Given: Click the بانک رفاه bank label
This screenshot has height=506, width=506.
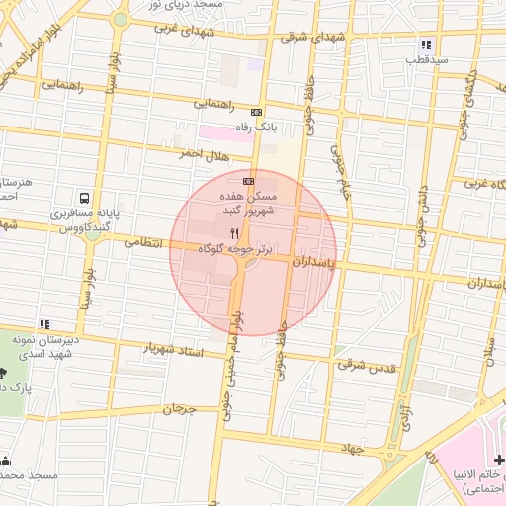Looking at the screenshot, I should click(x=254, y=127).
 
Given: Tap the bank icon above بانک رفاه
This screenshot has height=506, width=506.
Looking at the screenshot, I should click(x=256, y=112).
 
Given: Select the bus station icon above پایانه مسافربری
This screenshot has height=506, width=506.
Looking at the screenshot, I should click(x=85, y=197).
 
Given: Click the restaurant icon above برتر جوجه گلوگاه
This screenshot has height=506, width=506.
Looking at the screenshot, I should click(x=234, y=233).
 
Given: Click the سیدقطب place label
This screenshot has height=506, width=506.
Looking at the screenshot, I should click(x=427, y=60).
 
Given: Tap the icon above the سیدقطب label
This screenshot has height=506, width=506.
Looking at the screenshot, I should click(x=426, y=44).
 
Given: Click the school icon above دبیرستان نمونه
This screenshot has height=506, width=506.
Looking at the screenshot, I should click(x=43, y=324).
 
